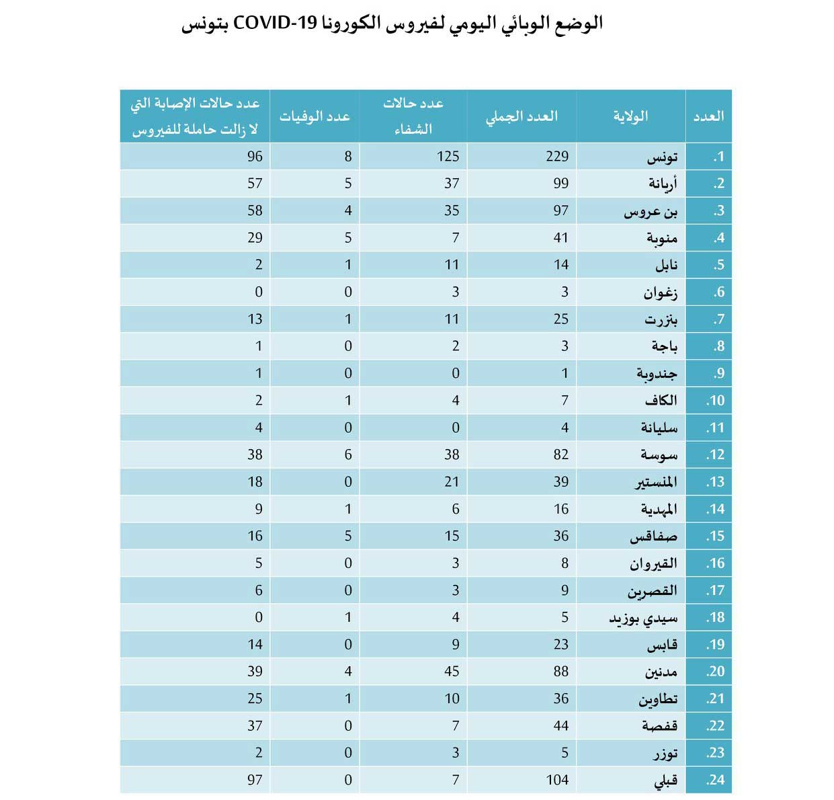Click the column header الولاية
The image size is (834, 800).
click(x=630, y=116)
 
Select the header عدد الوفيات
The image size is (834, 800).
click(x=315, y=116)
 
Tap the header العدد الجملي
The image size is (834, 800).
click(x=522, y=116)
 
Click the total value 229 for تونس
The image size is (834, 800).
click(x=557, y=157)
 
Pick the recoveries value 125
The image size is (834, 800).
click(x=448, y=157)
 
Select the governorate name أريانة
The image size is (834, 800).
click(x=663, y=184)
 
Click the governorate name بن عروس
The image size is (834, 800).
click(x=651, y=211)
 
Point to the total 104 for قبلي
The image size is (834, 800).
click(x=557, y=780)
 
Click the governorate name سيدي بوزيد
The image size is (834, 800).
click(x=643, y=618)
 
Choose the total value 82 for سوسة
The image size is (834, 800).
click(x=560, y=454)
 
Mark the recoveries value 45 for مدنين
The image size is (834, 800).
click(x=452, y=671)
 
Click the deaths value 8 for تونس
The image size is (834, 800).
click(x=348, y=157)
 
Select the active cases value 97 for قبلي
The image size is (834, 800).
click(x=255, y=780)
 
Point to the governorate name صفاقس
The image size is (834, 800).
click(x=653, y=536)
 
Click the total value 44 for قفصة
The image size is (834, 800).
click(x=560, y=725)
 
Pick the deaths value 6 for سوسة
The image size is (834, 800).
click(x=348, y=454)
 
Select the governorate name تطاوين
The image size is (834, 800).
click(x=658, y=699)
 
